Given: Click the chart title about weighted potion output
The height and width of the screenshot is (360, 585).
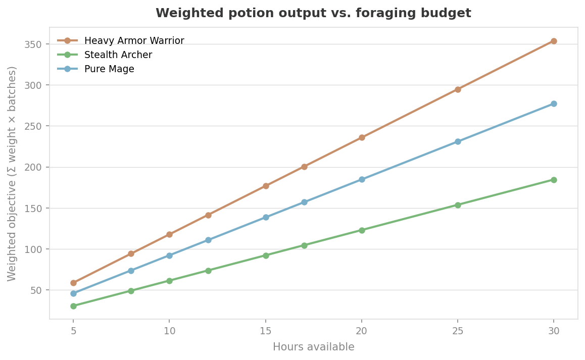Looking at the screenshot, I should click(x=313, y=13).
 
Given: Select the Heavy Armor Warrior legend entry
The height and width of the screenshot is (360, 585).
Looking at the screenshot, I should click(x=134, y=40).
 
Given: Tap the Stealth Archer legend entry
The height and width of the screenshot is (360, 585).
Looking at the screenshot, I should click(x=118, y=55).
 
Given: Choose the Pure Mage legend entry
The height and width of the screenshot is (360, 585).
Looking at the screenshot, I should click(x=109, y=69).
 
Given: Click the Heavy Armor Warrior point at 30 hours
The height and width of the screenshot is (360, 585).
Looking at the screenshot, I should click(x=554, y=41).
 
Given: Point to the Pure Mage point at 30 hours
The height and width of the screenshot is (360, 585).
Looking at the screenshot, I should click(x=554, y=104).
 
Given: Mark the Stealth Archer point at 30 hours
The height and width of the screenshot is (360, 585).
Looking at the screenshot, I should click(x=554, y=180).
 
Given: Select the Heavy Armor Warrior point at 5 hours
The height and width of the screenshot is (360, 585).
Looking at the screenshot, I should click(x=73, y=283).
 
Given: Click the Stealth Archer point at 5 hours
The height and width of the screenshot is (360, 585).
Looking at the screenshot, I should click(x=73, y=306).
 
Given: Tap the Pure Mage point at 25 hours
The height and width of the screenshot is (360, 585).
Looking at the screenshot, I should click(x=458, y=141).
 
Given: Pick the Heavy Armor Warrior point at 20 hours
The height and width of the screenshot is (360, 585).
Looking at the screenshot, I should click(x=362, y=137).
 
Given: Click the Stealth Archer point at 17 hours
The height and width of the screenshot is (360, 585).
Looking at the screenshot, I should click(x=304, y=245).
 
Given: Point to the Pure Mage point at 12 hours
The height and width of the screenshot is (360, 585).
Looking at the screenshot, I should click(x=208, y=240).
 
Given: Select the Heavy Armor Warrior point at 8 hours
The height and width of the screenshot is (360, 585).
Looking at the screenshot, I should click(x=131, y=253).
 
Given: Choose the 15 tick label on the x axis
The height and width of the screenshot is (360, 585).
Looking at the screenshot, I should click(x=266, y=330).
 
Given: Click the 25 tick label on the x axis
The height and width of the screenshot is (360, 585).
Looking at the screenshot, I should click(x=458, y=330).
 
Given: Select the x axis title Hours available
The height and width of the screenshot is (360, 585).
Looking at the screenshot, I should click(x=313, y=347).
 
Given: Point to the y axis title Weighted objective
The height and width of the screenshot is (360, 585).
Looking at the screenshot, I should click(x=12, y=173).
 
